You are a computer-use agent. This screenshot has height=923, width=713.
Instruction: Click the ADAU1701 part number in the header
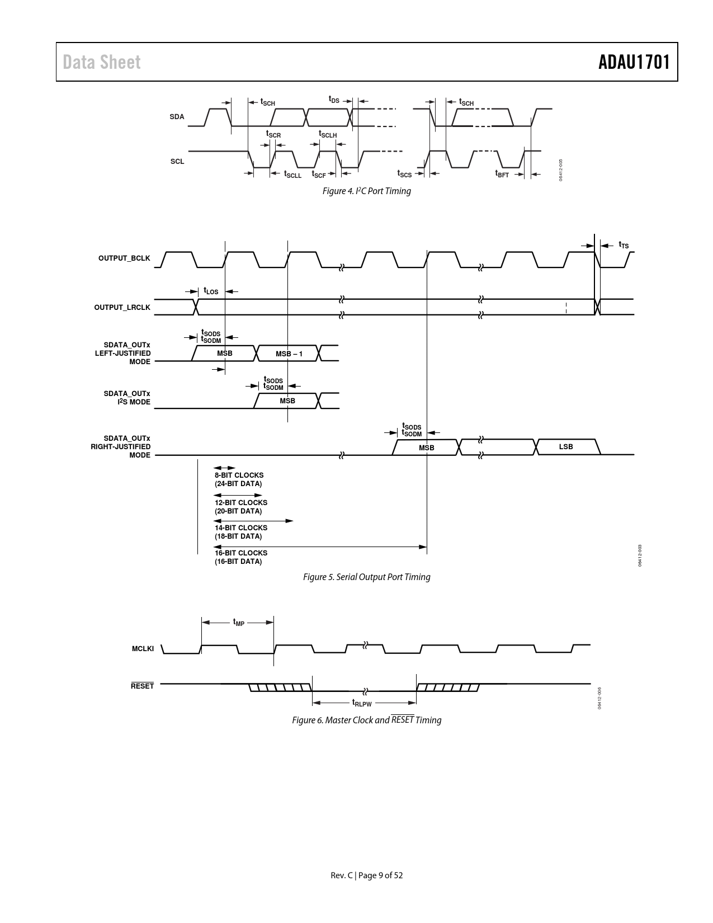click(634, 62)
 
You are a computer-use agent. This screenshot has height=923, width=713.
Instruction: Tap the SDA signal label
click(177, 117)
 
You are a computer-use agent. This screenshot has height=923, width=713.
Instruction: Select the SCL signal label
click(177, 162)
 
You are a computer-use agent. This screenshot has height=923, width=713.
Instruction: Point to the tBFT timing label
click(502, 174)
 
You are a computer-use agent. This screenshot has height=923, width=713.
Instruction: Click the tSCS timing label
click(404, 174)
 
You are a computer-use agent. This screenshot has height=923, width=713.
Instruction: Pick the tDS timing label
click(334, 100)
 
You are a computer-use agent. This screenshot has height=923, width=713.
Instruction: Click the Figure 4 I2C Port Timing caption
click(366, 191)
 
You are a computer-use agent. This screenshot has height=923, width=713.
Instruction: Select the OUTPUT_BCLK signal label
click(124, 258)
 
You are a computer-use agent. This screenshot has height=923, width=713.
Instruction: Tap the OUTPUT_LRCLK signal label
click(122, 307)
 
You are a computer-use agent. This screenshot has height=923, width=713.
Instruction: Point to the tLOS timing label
click(211, 291)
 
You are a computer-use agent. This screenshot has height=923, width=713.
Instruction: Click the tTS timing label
click(624, 244)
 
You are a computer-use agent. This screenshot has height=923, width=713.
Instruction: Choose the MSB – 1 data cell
click(289, 354)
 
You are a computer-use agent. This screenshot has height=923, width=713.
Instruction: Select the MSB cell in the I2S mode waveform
click(287, 401)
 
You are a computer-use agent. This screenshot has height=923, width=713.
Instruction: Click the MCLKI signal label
click(143, 648)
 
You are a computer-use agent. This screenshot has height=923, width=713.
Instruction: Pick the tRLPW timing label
click(362, 703)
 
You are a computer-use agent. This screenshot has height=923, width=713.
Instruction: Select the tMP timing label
click(239, 622)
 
